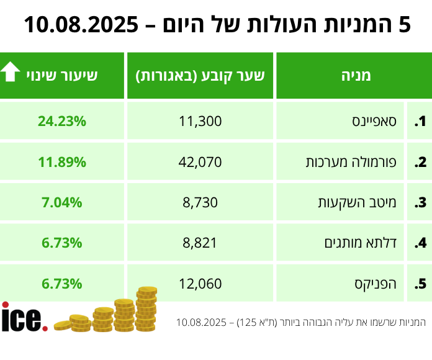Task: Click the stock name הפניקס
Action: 385,284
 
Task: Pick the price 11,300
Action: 200,122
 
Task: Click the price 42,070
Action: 200,163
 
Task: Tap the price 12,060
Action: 200,284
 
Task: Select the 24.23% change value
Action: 62,122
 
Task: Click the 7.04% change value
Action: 62,203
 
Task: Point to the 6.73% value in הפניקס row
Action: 62,284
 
